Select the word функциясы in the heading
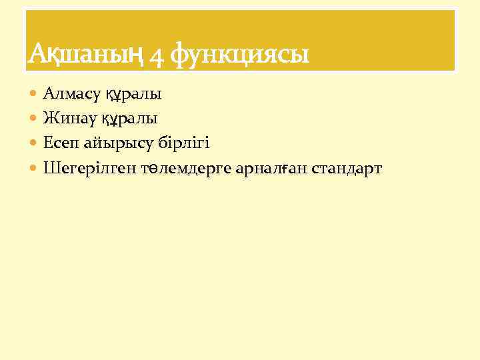coord(239,55)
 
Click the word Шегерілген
coord(89,169)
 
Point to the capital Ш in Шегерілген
coord(50,168)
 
